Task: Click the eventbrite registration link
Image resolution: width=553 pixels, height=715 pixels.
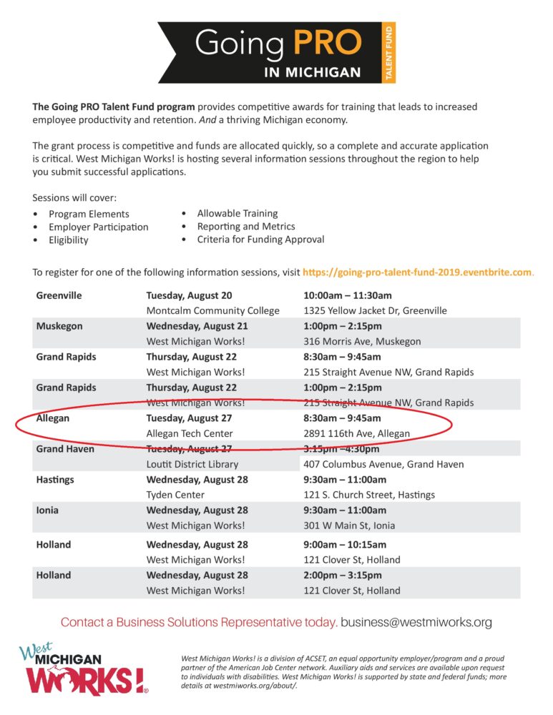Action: pyautogui.click(x=418, y=272)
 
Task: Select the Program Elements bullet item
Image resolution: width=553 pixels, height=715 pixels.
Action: pyautogui.click(x=89, y=214)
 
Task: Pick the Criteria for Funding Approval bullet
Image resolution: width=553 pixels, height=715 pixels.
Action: pyautogui.click(x=260, y=240)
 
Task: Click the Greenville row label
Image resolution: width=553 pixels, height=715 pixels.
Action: pyautogui.click(x=59, y=295)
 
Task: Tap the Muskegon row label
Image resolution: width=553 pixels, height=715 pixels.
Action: pyautogui.click(x=59, y=326)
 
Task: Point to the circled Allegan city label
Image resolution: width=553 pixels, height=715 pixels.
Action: pyautogui.click(x=53, y=418)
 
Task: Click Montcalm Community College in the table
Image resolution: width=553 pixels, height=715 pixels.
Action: pyautogui.click(x=212, y=311)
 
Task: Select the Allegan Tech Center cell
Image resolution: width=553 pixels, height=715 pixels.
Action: pyautogui.click(x=190, y=433)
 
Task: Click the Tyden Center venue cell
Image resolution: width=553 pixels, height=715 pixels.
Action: pyautogui.click(x=175, y=495)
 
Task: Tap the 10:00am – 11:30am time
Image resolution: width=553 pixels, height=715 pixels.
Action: pyautogui.click(x=348, y=295)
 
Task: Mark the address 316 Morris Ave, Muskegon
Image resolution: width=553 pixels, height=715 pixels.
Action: pyautogui.click(x=362, y=342)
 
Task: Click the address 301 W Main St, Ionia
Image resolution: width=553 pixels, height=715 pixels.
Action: pyautogui.click(x=349, y=526)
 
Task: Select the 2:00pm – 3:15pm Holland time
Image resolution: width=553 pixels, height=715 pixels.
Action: pyautogui.click(x=343, y=576)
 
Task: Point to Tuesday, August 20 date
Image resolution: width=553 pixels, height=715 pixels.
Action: pyautogui.click(x=189, y=295)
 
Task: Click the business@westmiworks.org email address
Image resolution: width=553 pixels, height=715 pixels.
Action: pyautogui.click(x=416, y=623)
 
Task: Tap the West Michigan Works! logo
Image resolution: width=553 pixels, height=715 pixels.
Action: pyautogui.click(x=83, y=670)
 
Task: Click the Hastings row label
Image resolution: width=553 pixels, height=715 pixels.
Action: pyautogui.click(x=55, y=480)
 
